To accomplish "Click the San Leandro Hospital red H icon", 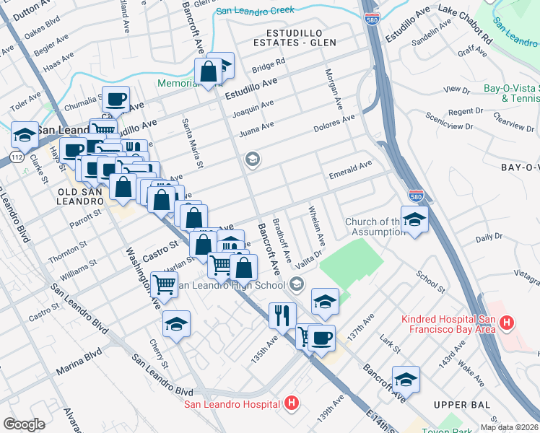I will [292, 403].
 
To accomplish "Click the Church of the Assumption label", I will [377, 227].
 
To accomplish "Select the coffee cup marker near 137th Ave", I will [321, 337].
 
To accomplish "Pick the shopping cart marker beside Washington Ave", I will [165, 284].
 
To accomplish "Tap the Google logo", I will [24, 424].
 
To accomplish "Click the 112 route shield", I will [17, 157].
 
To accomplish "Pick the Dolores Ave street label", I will [334, 123].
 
